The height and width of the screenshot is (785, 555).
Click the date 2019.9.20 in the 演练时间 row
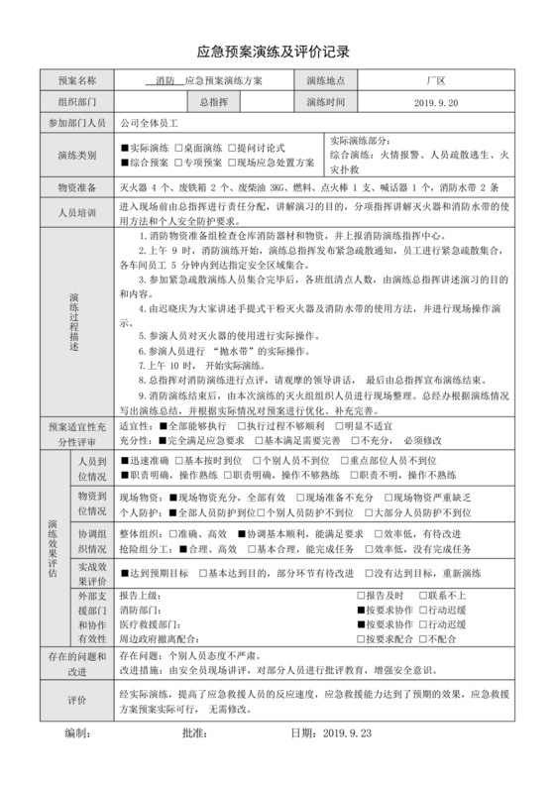click(435, 102)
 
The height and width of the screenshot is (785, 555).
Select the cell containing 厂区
click(435, 80)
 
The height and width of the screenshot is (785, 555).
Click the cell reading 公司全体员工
click(149, 124)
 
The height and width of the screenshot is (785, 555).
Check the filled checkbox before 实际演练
click(125, 148)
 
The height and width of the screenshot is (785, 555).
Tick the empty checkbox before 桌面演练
click(178, 148)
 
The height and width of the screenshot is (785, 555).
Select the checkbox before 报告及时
click(361, 595)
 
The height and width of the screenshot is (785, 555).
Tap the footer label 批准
click(194, 733)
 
